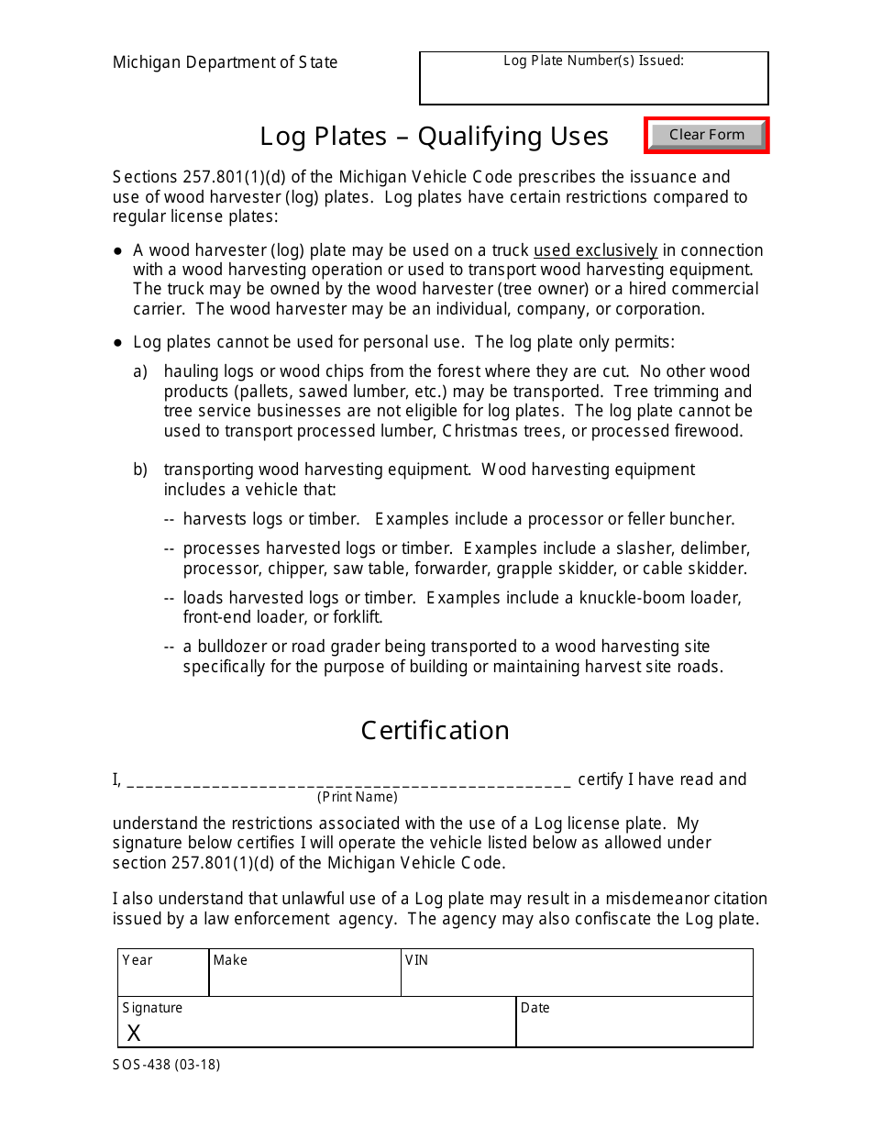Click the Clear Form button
[706, 135]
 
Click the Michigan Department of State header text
[225, 62]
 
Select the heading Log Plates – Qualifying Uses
[434, 137]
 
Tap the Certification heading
[435, 730]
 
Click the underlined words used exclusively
[595, 250]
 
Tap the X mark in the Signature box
[134, 1034]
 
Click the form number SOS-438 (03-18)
[166, 1065]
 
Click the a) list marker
[140, 371]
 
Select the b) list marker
[140, 470]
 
